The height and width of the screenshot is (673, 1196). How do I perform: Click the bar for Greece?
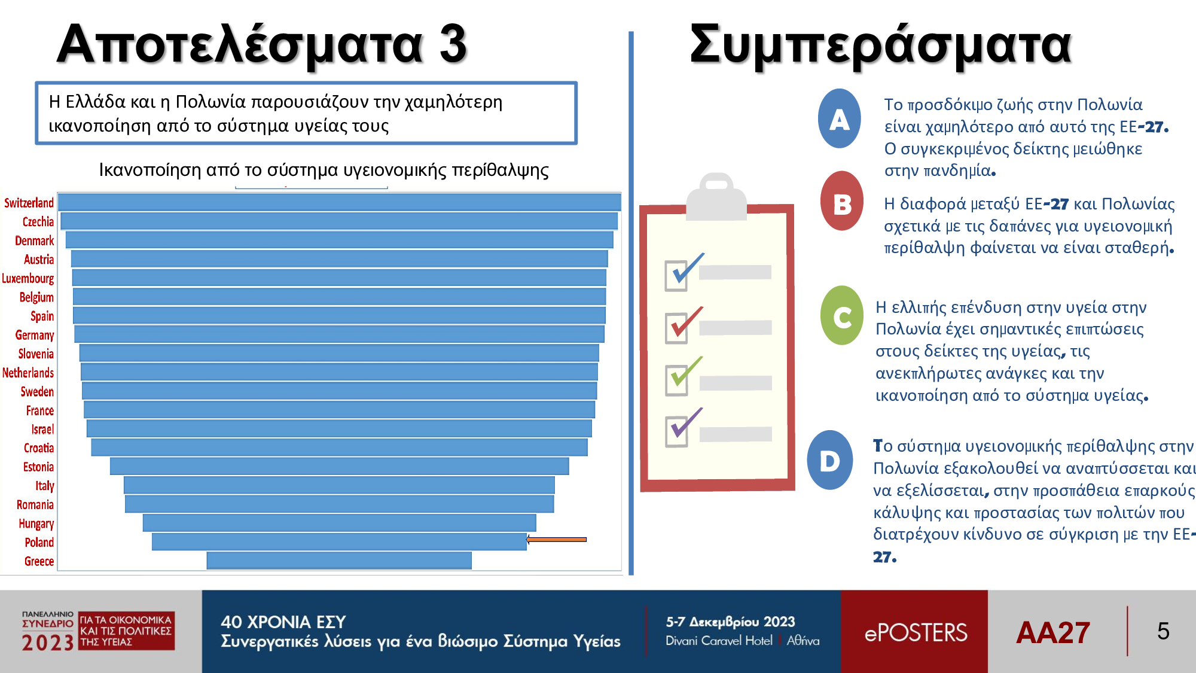pos(339,561)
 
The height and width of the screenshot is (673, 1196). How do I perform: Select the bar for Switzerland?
pos(339,202)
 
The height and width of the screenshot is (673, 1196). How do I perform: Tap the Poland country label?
pos(39,543)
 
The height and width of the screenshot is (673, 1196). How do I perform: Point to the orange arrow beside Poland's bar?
pos(556,540)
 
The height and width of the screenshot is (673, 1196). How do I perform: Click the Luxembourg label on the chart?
pos(28,279)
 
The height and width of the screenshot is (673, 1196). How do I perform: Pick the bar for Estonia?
pos(339,466)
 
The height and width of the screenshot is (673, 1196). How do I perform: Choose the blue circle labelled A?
pos(840,118)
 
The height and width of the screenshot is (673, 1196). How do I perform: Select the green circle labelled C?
pos(842,315)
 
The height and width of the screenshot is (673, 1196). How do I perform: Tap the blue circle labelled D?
pos(830,460)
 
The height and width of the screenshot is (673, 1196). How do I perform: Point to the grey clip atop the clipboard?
pos(716,197)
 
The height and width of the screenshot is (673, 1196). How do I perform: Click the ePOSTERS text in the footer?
pos(916,633)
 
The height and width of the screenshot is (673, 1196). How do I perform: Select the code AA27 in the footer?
pos(1053,632)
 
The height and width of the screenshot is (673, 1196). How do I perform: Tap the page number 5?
pos(1163,631)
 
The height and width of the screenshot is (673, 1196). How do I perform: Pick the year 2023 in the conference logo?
pos(48,642)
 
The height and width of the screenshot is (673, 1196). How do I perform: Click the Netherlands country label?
pos(28,373)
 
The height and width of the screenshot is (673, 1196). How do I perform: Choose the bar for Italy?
pos(339,485)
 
